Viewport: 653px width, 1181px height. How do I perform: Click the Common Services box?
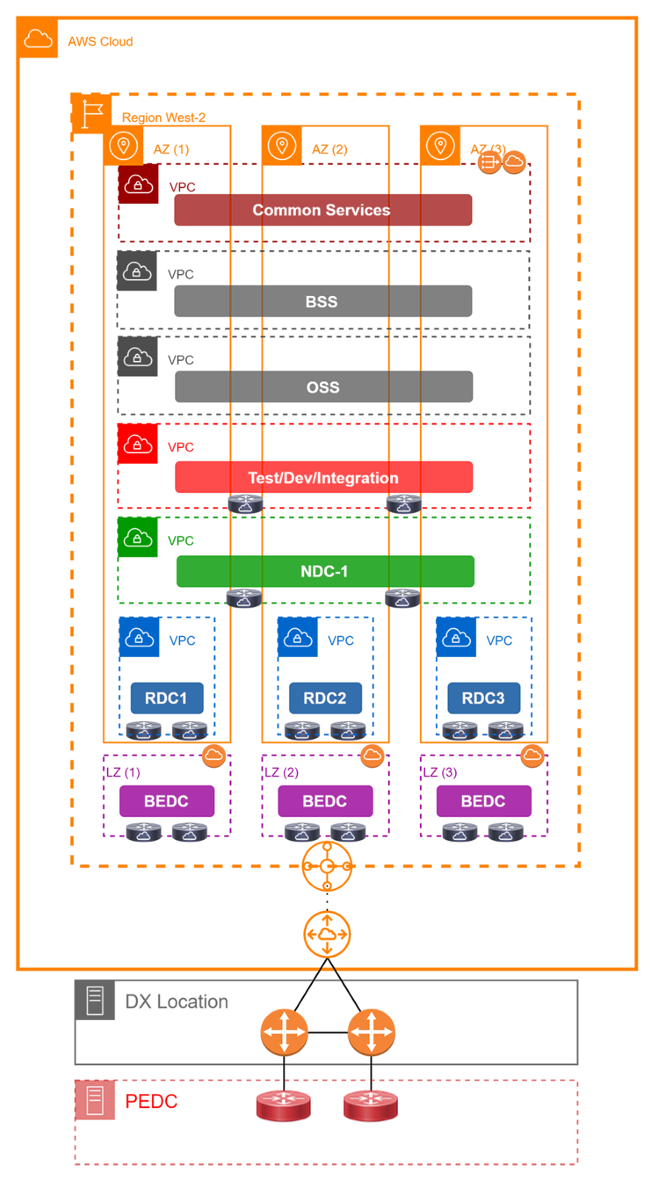323,210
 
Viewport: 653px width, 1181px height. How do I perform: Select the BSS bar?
323,301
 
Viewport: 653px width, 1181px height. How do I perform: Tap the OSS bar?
323,388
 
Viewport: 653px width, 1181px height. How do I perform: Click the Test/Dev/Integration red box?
323,478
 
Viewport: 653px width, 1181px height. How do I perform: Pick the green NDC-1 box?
325,571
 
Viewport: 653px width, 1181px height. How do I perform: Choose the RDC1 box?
167,698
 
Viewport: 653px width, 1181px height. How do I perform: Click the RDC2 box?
325,698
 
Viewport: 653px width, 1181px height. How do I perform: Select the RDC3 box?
483,698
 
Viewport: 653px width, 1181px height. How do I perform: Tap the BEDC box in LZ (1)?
167,801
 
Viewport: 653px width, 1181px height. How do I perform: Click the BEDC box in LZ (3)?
483,801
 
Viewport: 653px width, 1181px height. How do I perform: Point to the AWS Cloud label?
100,41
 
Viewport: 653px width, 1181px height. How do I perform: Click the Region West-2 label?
164,117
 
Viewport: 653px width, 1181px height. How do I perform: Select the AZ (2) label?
329,149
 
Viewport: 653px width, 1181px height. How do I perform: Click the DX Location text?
177,1002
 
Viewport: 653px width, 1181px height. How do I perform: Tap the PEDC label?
151,1101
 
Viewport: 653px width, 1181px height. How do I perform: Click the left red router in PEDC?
283,1106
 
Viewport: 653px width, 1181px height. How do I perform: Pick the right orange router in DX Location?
371,1032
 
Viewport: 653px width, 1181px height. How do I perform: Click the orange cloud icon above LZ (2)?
372,755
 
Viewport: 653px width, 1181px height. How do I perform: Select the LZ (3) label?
440,773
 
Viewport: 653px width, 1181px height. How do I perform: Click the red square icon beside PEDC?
95,1101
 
